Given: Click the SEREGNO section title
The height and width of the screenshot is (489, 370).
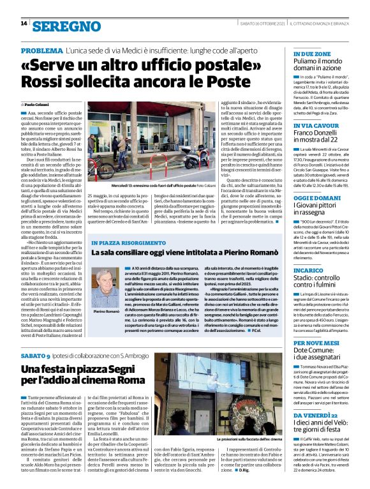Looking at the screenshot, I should point(67,26).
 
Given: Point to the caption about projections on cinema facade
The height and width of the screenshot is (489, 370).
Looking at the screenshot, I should point(246,440).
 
